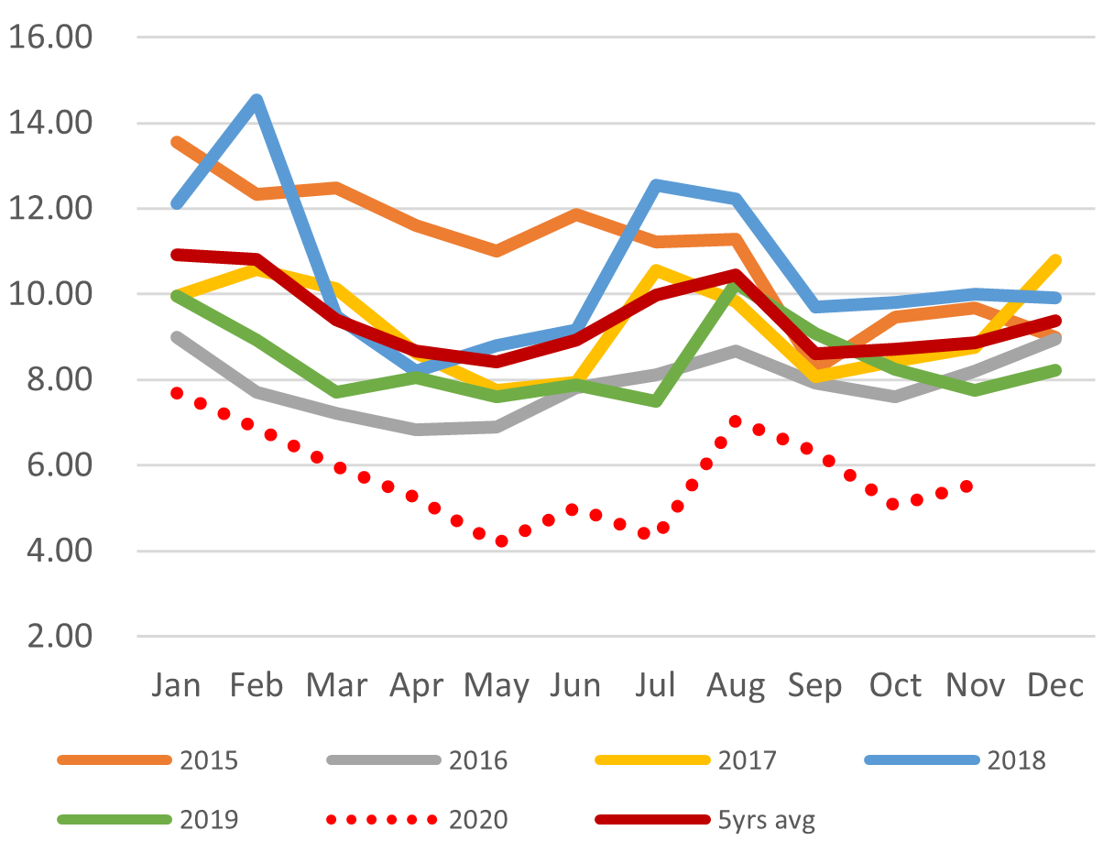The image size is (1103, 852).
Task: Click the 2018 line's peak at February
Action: (x=257, y=100)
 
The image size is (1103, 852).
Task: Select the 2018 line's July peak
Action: (x=656, y=185)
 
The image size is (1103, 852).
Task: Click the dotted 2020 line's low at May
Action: (x=501, y=541)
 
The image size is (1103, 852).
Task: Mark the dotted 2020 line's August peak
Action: (x=735, y=421)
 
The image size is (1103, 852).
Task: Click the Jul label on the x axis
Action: (x=656, y=685)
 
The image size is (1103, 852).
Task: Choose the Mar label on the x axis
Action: (x=337, y=685)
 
